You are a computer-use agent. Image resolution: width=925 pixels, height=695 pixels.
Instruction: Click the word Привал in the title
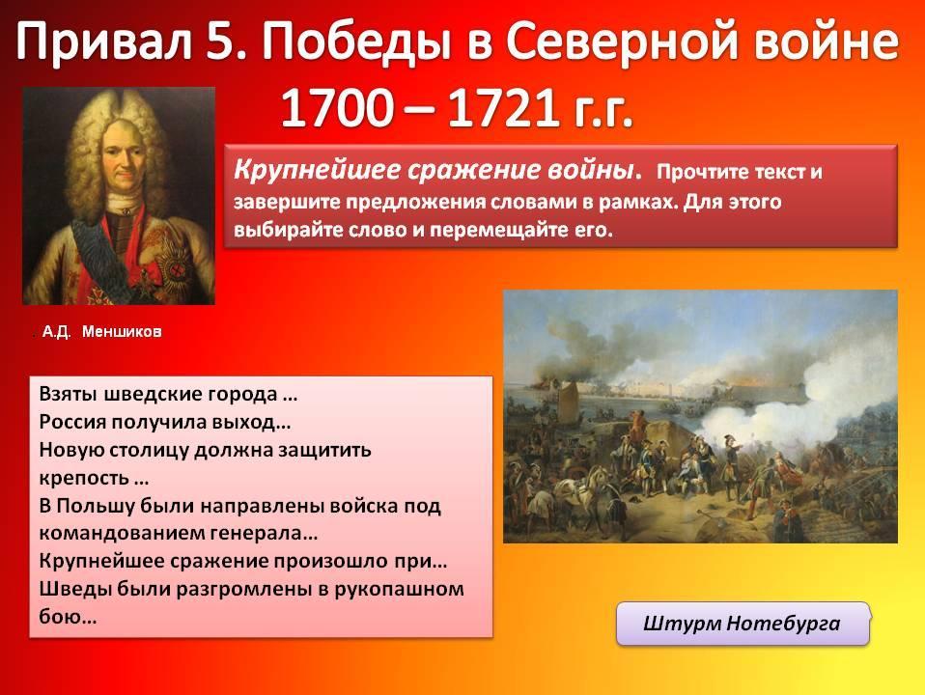tap(104, 42)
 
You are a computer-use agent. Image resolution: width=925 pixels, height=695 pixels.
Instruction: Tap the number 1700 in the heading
tap(337, 108)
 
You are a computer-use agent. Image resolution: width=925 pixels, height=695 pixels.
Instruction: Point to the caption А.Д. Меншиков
tap(101, 331)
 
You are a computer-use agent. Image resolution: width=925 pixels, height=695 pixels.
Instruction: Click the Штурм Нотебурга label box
tap(743, 624)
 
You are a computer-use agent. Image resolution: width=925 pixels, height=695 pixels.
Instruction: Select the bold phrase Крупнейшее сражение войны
tap(437, 170)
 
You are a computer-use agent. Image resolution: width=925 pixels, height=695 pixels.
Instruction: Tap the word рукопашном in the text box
tap(400, 590)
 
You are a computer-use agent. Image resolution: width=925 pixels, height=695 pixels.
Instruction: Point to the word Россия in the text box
tap(72, 423)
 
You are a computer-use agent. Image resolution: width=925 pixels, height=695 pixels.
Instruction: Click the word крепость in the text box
tap(84, 479)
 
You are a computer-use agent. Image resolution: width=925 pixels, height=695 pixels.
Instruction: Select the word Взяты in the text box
tap(68, 394)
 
